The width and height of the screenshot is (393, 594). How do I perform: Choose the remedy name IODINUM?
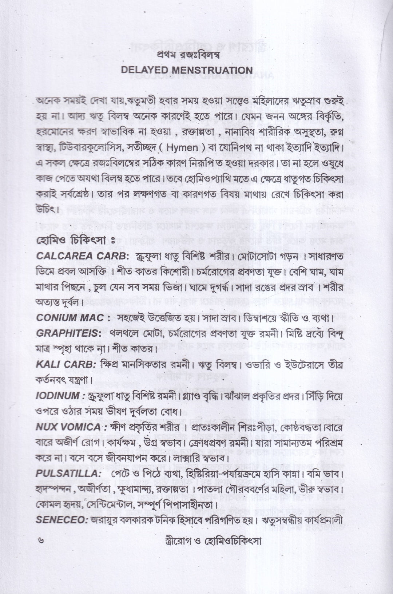click(57, 396)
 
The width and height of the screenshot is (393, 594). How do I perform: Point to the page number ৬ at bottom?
click(40, 541)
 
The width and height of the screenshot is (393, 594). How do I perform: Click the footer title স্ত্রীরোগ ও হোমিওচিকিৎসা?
click(206, 541)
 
